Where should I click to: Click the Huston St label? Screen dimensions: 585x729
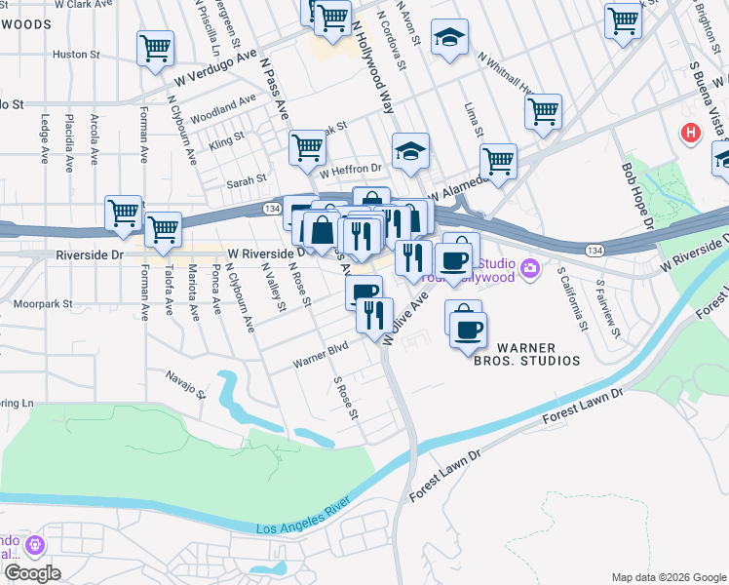pos(69,55)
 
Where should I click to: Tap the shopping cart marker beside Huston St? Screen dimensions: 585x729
pos(156,49)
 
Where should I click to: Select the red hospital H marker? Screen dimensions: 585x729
pos(691,132)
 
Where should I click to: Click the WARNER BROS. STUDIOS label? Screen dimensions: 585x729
pos(539,354)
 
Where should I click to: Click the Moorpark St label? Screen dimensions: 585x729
pos(44,304)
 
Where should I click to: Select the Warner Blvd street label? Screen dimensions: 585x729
pos(321,355)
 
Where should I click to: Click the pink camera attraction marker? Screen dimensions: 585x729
pos(530,267)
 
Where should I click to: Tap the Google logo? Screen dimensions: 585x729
pos(31,573)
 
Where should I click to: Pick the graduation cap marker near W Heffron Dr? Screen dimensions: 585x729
pos(410,151)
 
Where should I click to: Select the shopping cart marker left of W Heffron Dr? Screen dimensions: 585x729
pos(306,149)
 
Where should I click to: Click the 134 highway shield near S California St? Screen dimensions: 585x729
pos(592,251)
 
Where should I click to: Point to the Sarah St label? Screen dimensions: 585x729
pos(247,180)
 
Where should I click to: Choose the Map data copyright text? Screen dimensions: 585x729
pos(668,576)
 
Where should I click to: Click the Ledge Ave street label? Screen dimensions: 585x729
pos(44,139)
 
